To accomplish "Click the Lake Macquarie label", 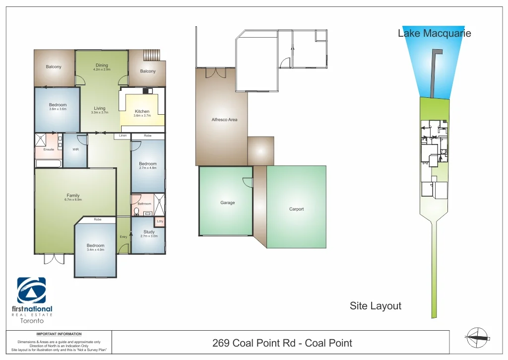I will (434, 34).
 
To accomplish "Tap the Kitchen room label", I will (142, 112).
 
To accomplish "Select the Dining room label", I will (102, 66).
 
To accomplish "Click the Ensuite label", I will (49, 149).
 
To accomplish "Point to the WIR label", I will (75, 149).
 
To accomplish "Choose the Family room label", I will (73, 196).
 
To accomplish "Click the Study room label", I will (149, 232).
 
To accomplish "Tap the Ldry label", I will (160, 221).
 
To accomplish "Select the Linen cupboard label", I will (123, 136).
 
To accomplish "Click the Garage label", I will (228, 203).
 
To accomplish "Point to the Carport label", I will (296, 209).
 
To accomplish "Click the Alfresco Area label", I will (224, 120).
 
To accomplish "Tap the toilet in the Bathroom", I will (136, 212).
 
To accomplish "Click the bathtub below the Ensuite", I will (48, 163).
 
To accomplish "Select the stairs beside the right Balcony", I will (152, 55).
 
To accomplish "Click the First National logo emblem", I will (31, 290).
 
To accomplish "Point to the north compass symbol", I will (476, 338).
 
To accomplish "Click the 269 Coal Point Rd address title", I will (282, 343).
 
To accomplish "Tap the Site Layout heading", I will (375, 306).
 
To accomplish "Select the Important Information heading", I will (59, 334).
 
